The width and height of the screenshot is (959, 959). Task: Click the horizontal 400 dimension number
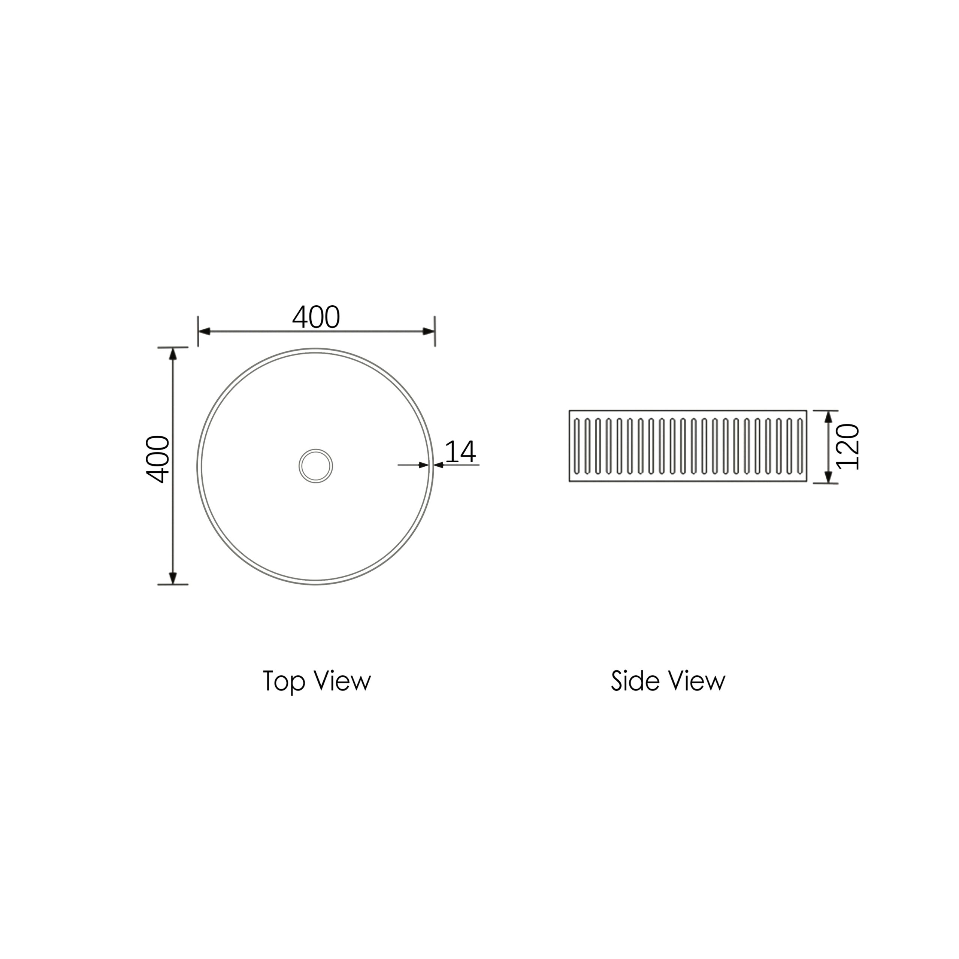(x=316, y=317)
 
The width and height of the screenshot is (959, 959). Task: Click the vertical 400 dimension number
(x=158, y=459)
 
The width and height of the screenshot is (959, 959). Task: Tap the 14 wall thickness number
(x=460, y=452)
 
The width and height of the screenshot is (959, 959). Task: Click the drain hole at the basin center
(x=316, y=466)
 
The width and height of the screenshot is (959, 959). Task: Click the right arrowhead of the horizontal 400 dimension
(x=429, y=331)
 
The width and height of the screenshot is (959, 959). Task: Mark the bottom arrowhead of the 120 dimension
(x=828, y=477)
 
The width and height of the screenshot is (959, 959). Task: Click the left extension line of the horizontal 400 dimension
(x=198, y=331)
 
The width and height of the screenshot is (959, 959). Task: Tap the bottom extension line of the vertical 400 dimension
(x=173, y=585)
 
